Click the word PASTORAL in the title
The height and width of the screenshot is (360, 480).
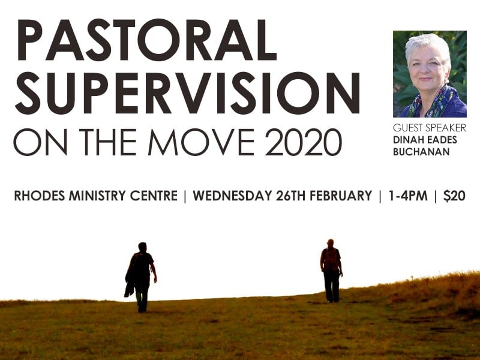point(147,40)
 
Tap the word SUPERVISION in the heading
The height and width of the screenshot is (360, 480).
point(187,93)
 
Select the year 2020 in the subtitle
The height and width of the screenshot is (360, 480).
point(303,142)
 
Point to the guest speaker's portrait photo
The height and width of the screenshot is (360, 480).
point(430,74)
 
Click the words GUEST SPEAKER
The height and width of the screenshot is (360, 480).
point(430,128)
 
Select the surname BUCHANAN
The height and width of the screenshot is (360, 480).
point(421,152)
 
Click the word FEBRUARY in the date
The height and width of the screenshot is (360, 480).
point(341,196)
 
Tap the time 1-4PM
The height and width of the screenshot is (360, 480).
point(408,196)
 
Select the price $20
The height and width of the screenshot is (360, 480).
point(454,196)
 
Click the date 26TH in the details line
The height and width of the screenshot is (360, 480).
point(291,196)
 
